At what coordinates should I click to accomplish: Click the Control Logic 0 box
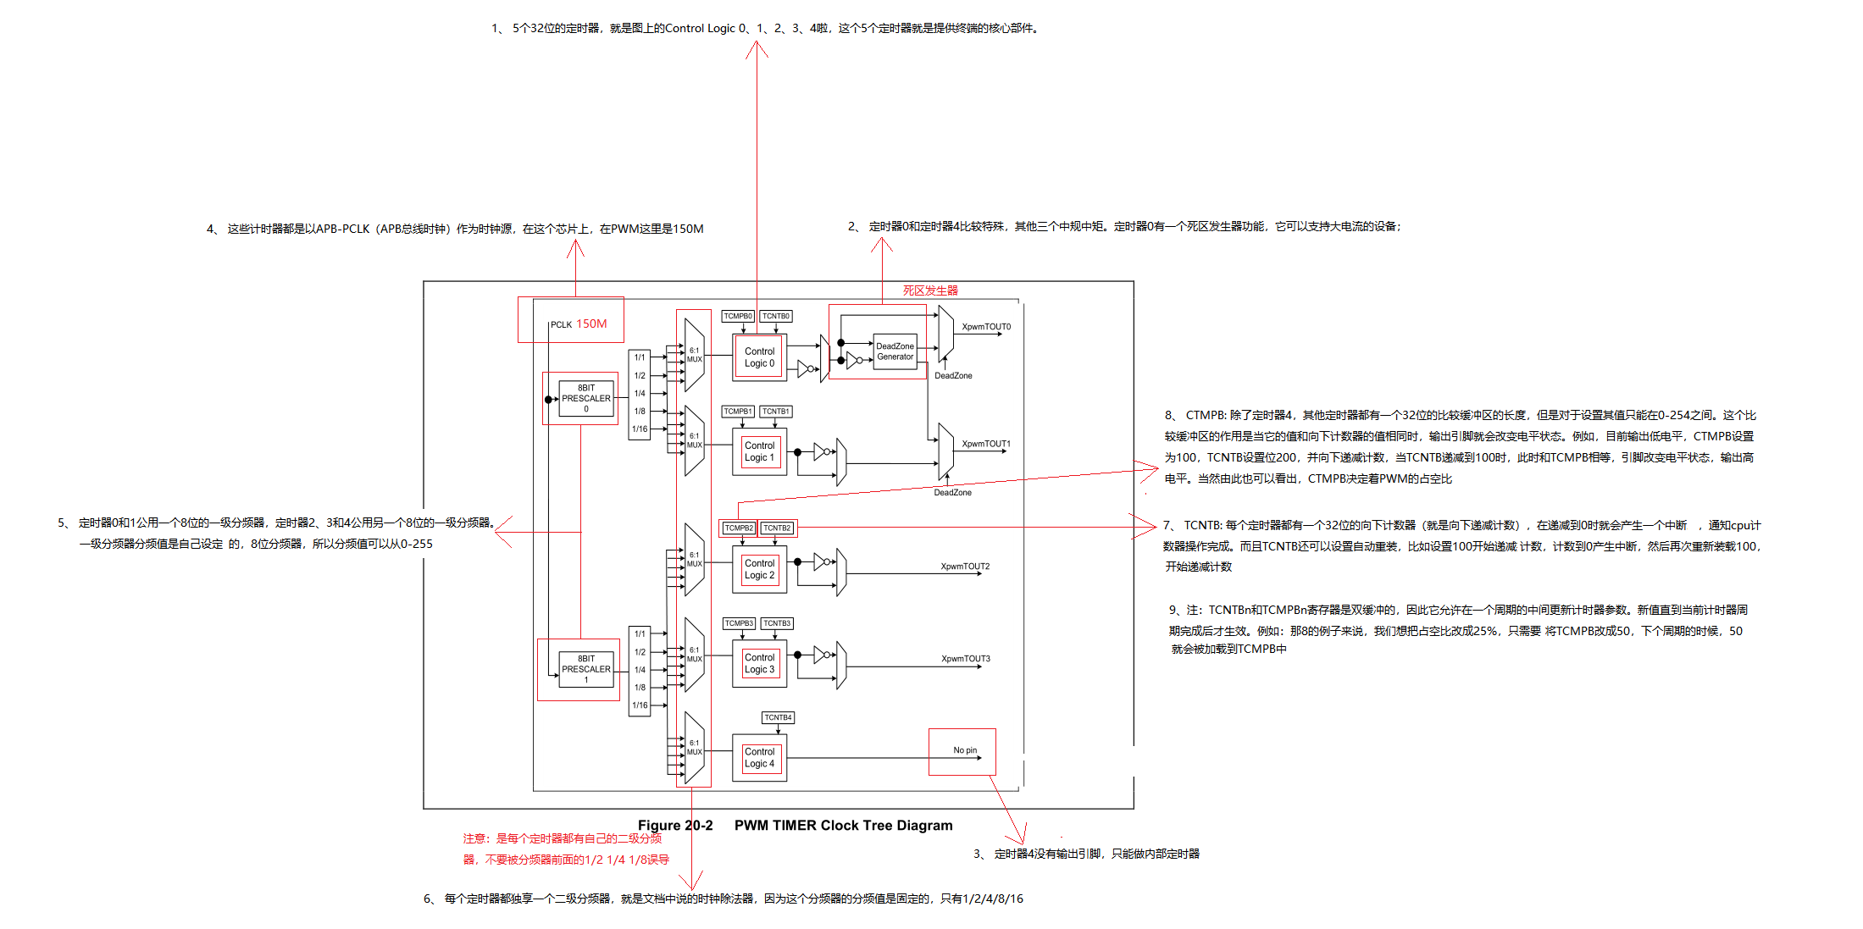click(759, 357)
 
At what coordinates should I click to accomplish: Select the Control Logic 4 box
click(759, 758)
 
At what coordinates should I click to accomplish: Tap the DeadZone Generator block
click(895, 351)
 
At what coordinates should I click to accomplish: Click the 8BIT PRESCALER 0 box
click(585, 398)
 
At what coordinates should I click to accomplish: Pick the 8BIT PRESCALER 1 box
click(585, 669)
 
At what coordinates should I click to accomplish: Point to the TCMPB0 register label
click(738, 316)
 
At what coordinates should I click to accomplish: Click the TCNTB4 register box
click(778, 717)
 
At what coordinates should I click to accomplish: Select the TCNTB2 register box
click(777, 528)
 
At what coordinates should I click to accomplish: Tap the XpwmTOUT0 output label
click(985, 327)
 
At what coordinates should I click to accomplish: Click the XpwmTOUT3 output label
click(965, 659)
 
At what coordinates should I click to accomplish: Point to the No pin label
click(964, 750)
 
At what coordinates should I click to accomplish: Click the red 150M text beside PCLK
click(591, 323)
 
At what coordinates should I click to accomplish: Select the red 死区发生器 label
click(929, 290)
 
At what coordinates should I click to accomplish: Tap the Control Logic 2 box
click(759, 569)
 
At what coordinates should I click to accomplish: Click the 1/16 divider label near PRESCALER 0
click(640, 429)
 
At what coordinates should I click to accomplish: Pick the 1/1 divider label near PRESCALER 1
click(640, 633)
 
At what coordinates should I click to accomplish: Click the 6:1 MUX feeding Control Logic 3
click(694, 654)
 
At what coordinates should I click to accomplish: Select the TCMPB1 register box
click(738, 412)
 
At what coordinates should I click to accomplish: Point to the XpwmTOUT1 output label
click(985, 444)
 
